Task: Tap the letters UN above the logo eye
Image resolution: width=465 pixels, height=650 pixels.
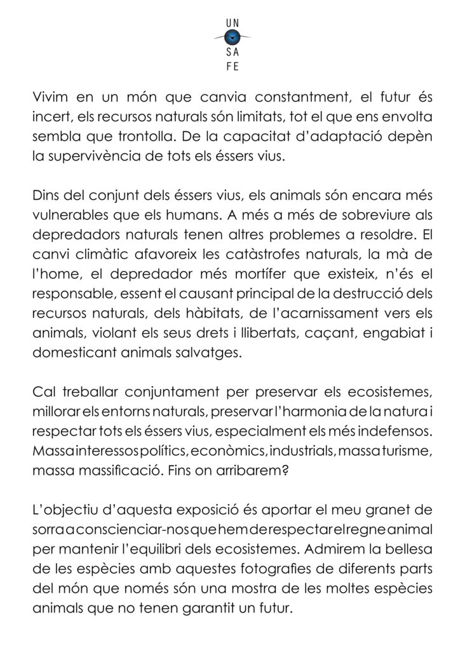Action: pyautogui.click(x=232, y=23)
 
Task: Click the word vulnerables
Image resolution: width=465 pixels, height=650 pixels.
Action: pyautogui.click(x=69, y=215)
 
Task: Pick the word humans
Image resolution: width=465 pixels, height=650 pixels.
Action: pyautogui.click(x=171, y=215)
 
